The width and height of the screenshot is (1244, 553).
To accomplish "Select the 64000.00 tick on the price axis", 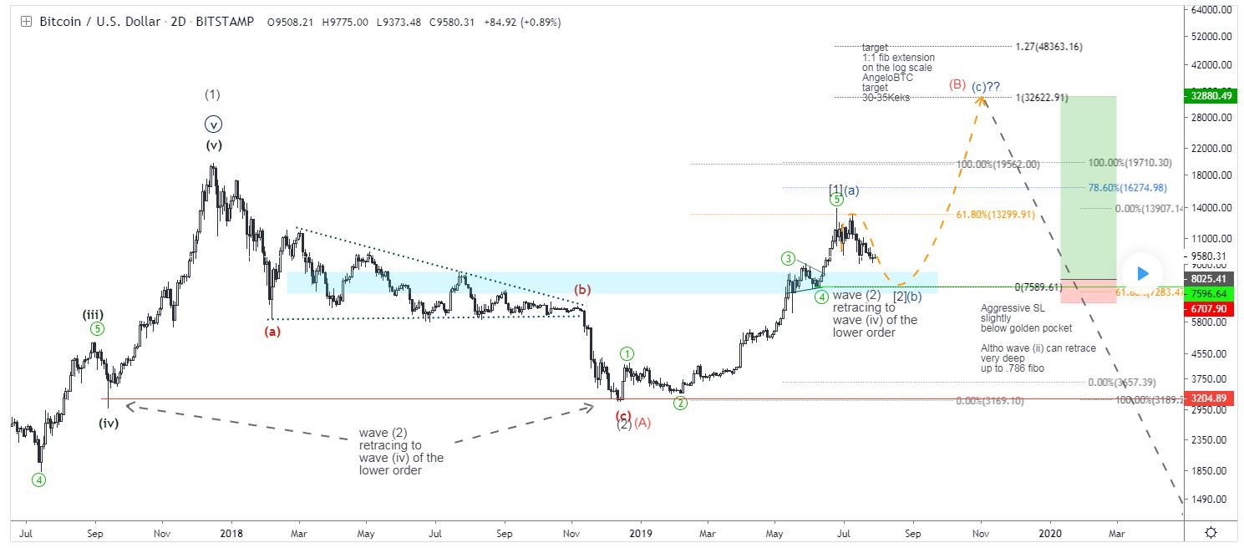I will [x=1212, y=10].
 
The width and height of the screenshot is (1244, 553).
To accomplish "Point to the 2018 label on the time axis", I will [x=229, y=532].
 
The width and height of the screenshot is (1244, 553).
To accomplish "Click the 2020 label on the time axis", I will [x=1050, y=532].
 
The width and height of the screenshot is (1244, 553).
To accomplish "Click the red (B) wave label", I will [x=957, y=84].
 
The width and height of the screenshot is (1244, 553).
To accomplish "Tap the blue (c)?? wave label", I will [x=987, y=87].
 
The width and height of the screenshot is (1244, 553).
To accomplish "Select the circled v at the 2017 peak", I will [x=214, y=124].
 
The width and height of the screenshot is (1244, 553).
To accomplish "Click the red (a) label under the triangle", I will [x=272, y=331].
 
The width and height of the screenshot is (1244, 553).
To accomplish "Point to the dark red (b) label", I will [x=582, y=290].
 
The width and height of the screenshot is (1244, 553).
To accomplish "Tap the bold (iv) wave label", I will [x=109, y=423].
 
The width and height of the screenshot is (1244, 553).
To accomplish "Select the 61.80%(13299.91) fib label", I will [x=996, y=215].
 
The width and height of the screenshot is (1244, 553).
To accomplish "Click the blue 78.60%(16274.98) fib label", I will [x=1127, y=188].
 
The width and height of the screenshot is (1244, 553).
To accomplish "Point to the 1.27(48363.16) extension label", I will [x=1049, y=47].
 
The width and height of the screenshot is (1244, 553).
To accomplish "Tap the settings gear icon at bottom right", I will [x=1211, y=532].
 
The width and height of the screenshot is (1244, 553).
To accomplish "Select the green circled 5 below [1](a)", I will [x=836, y=200].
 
